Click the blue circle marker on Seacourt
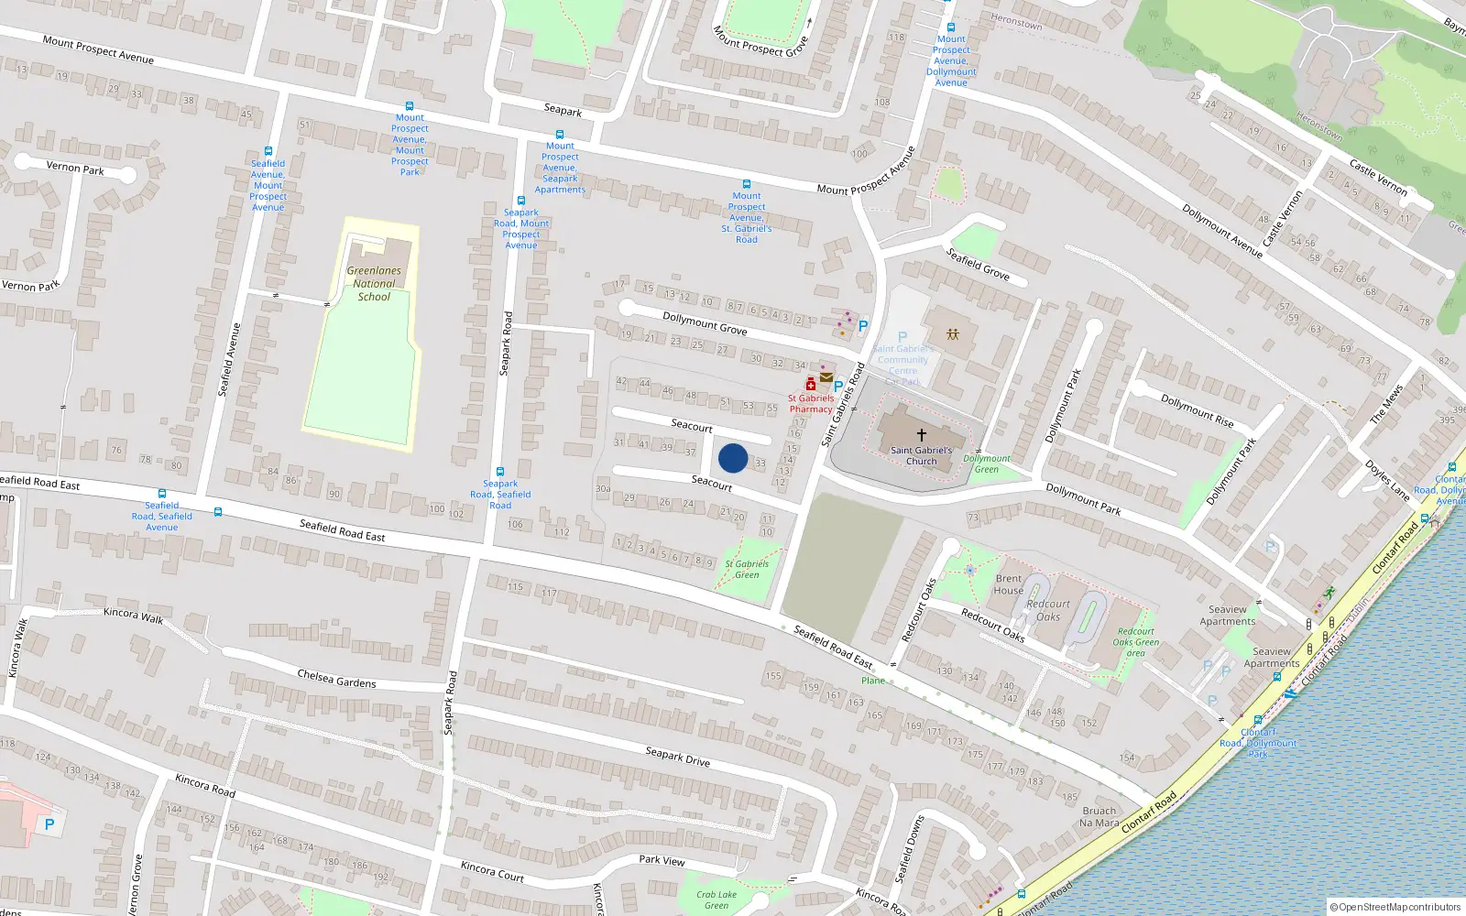[733, 458]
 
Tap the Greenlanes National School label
[374, 284]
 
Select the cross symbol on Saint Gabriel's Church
[922, 434]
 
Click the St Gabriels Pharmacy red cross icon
[811, 384]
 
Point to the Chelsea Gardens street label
[336, 678]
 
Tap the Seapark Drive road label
[677, 756]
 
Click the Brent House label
[1009, 584]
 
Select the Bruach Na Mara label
[1099, 816]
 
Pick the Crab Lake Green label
[717, 900]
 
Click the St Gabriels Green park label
[747, 569]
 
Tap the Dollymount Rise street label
[1197, 410]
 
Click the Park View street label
[662, 860]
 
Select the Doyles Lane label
[1387, 479]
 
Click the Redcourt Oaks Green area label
[1136, 642]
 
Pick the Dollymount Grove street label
[704, 323]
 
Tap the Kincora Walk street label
[134, 616]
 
